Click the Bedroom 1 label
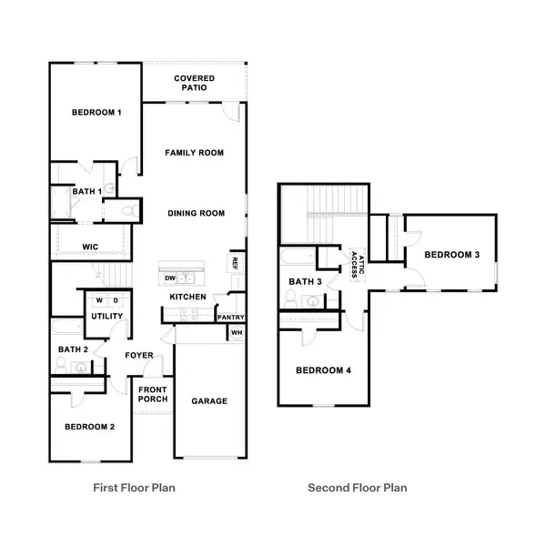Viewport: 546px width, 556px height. coord(97,112)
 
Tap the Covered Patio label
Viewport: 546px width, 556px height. coord(194,83)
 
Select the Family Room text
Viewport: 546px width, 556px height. coord(194,153)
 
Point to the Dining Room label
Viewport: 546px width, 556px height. coord(196,214)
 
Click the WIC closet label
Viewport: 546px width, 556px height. coord(90,247)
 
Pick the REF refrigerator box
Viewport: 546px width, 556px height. coord(235,263)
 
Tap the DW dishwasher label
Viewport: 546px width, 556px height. coord(170,278)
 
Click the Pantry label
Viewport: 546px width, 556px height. coord(231,317)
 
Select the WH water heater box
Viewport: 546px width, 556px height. coord(237,333)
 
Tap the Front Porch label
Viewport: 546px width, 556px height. coord(151,394)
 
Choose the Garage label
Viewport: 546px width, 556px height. coord(209,400)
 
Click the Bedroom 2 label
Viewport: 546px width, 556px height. coord(89,427)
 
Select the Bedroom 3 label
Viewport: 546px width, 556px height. coord(452,255)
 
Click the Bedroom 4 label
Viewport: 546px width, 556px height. coord(323,370)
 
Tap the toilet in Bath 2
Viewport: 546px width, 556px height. coord(61,365)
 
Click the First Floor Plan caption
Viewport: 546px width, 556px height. coord(135,488)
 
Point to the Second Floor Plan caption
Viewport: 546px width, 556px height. coord(358,488)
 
